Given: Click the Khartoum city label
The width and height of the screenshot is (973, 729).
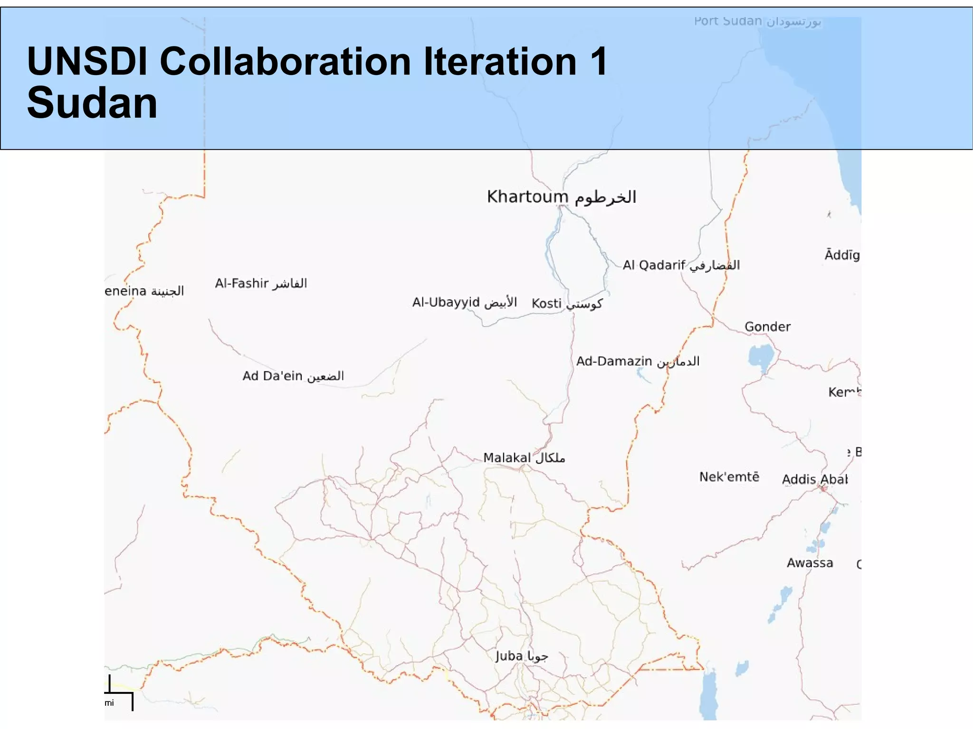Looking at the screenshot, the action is pyautogui.click(x=561, y=197).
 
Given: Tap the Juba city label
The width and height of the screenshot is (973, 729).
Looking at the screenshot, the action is pyautogui.click(x=521, y=656).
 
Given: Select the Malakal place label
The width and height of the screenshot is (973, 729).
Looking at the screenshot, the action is pyautogui.click(x=524, y=458).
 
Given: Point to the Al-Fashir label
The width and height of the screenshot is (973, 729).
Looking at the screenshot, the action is pyautogui.click(x=261, y=284).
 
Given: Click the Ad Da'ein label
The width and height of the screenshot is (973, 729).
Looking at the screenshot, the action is pyautogui.click(x=293, y=376).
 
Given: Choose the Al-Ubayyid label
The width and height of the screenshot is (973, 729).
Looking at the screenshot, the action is pyautogui.click(x=464, y=302).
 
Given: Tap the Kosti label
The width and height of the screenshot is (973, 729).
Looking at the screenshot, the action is pyautogui.click(x=567, y=303).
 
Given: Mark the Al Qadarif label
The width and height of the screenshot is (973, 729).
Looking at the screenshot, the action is pyautogui.click(x=681, y=265).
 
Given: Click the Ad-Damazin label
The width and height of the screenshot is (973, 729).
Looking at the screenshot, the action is pyautogui.click(x=638, y=361).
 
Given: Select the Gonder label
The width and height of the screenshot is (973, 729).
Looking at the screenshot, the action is pyautogui.click(x=767, y=327).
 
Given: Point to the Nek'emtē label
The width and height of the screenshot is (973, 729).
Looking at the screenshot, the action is pyautogui.click(x=729, y=477).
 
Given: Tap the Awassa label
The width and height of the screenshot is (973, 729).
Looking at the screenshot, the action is pyautogui.click(x=810, y=563).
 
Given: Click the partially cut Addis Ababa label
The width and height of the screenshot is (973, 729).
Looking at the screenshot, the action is pyautogui.click(x=814, y=479).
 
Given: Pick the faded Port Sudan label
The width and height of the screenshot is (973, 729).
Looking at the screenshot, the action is pyautogui.click(x=757, y=21).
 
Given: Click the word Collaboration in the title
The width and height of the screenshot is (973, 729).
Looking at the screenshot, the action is pyautogui.click(x=285, y=62).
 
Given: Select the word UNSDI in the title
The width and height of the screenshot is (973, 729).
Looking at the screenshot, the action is pyautogui.click(x=87, y=62).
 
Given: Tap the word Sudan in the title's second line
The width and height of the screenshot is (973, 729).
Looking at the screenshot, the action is pyautogui.click(x=92, y=103).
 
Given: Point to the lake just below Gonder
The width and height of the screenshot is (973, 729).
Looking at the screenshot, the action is pyautogui.click(x=762, y=357).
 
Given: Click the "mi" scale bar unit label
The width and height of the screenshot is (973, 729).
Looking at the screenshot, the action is pyautogui.click(x=109, y=703).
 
